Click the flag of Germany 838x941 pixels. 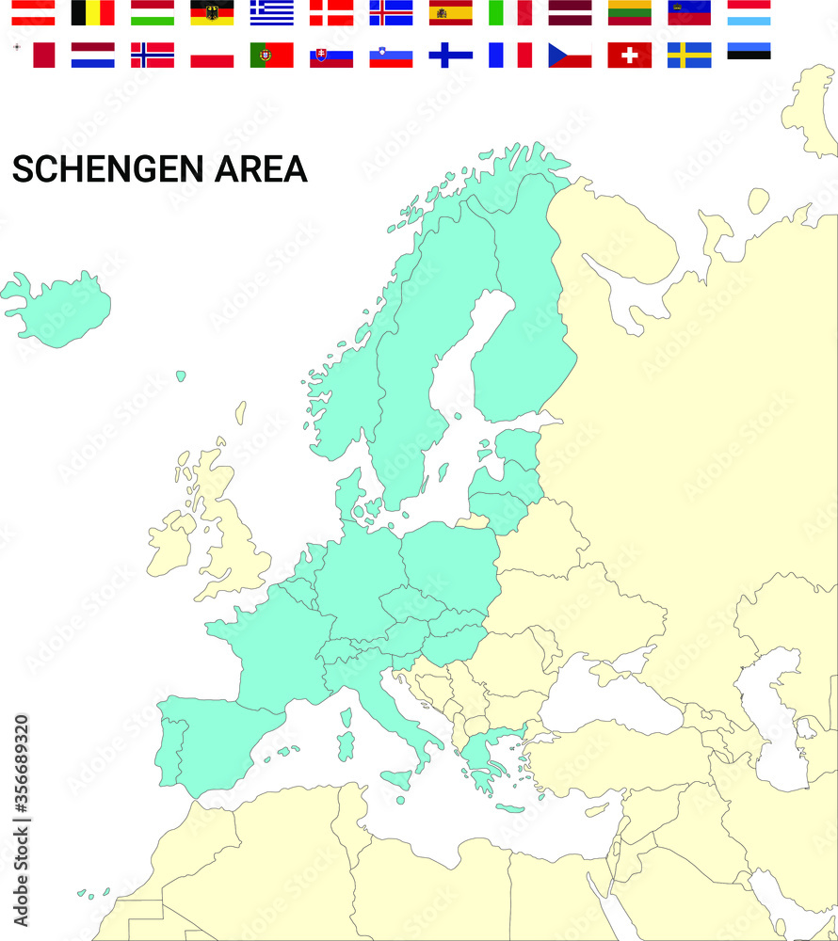click(212, 12)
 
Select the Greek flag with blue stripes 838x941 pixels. click(271, 12)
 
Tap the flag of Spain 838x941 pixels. click(450, 12)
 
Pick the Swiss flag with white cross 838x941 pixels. click(629, 55)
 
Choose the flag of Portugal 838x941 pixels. click(271, 55)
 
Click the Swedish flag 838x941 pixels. click(689, 55)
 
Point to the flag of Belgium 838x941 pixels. click(92, 12)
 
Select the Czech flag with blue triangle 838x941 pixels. click(570, 55)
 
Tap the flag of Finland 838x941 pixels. click(450, 55)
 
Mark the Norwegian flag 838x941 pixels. click(152, 55)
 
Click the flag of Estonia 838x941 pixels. click(749, 51)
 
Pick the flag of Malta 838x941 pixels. click(33, 55)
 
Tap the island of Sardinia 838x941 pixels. click(346, 746)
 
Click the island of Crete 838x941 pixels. click(509, 808)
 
